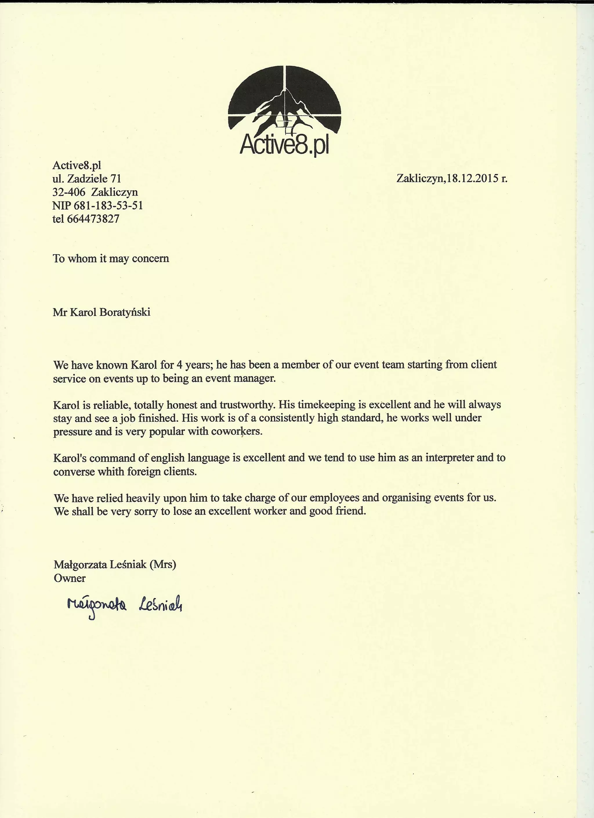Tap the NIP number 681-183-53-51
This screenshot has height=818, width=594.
click(x=108, y=206)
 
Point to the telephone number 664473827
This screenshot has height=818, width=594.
click(x=93, y=219)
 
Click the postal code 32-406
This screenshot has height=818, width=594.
click(x=69, y=192)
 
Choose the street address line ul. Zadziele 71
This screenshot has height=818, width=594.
click(x=86, y=179)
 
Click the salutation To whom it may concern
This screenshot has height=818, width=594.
click(x=111, y=259)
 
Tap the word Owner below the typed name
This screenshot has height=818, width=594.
click(x=70, y=578)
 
